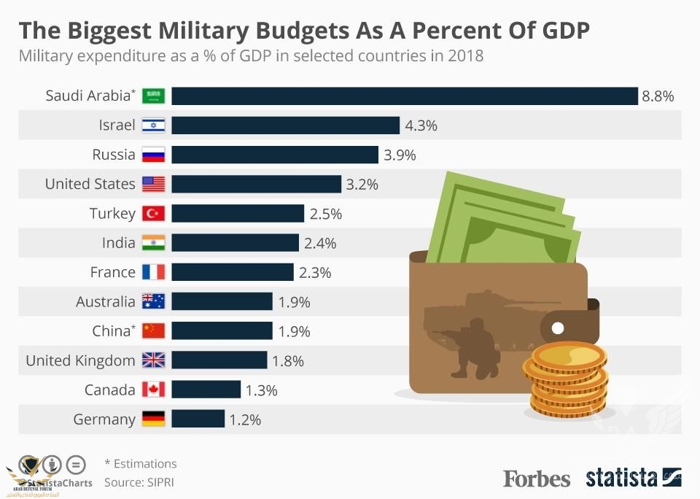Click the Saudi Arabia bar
(x=405, y=96)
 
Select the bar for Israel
(x=285, y=125)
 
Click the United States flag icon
(x=154, y=184)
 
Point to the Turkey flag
(x=154, y=213)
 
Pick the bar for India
(x=235, y=242)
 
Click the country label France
(x=113, y=272)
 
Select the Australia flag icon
(x=154, y=301)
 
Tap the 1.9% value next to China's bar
(x=294, y=331)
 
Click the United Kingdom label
(x=80, y=360)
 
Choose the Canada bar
(x=206, y=390)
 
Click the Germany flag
(x=154, y=419)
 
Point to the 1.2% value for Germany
(x=245, y=419)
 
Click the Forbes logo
(x=537, y=479)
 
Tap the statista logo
(x=622, y=479)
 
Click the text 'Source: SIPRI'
(x=139, y=482)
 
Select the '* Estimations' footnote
(x=140, y=463)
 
